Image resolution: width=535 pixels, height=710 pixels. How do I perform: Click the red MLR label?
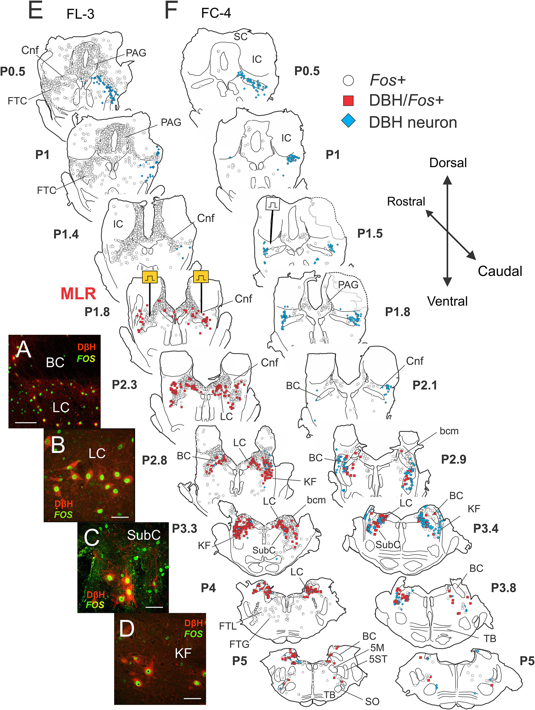coord(78,294)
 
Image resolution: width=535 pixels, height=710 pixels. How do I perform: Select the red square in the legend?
coord(348,100)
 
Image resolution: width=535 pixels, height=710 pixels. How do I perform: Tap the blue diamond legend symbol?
coord(348,122)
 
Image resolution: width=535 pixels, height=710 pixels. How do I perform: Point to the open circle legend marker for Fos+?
coord(348,80)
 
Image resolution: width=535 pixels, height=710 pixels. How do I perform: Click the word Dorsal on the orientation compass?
coord(448,163)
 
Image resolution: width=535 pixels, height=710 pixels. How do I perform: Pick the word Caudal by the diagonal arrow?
coord(500,271)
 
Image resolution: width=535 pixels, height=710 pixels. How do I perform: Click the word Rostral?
coord(406,202)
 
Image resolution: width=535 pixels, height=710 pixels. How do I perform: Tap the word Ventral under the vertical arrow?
coord(447,301)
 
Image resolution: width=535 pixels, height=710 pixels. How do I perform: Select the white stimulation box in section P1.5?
coord(273,204)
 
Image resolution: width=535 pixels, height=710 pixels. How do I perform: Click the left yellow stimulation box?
coord(150,277)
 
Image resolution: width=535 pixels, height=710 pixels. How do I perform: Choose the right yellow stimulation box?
coord(201,277)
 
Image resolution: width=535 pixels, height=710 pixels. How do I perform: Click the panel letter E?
coord(35,11)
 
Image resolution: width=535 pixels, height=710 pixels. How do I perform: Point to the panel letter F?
coord(171,11)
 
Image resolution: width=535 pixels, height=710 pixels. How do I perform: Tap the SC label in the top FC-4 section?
coord(241,37)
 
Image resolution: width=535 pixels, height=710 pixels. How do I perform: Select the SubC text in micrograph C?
coord(144,535)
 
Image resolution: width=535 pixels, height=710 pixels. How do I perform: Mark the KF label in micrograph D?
coord(183,653)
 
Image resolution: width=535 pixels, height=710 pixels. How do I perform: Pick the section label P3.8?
coord(503,588)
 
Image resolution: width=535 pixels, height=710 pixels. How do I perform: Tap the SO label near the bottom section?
coord(372,702)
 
